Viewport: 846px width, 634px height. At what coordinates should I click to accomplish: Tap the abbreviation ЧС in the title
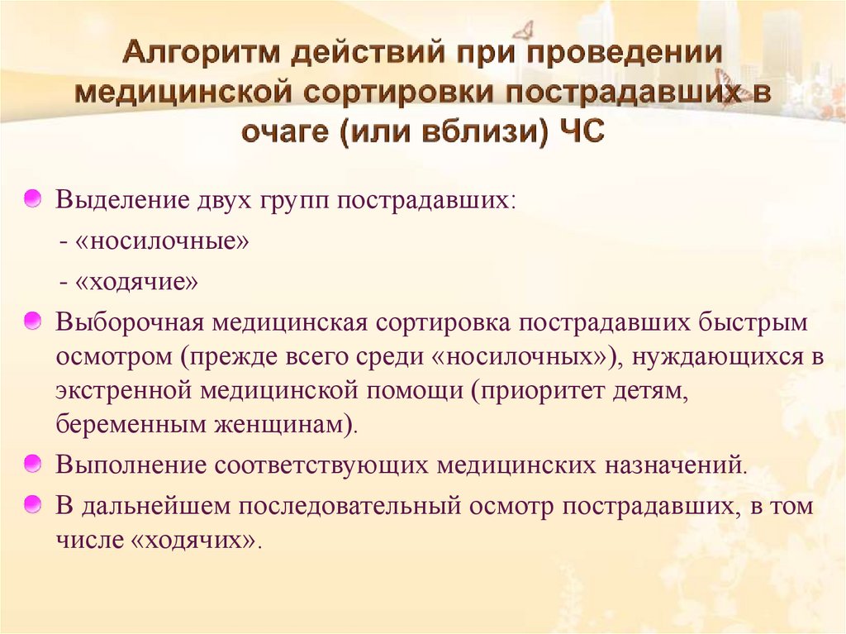click(x=582, y=131)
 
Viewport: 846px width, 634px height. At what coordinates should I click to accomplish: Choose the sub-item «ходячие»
click(x=137, y=283)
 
